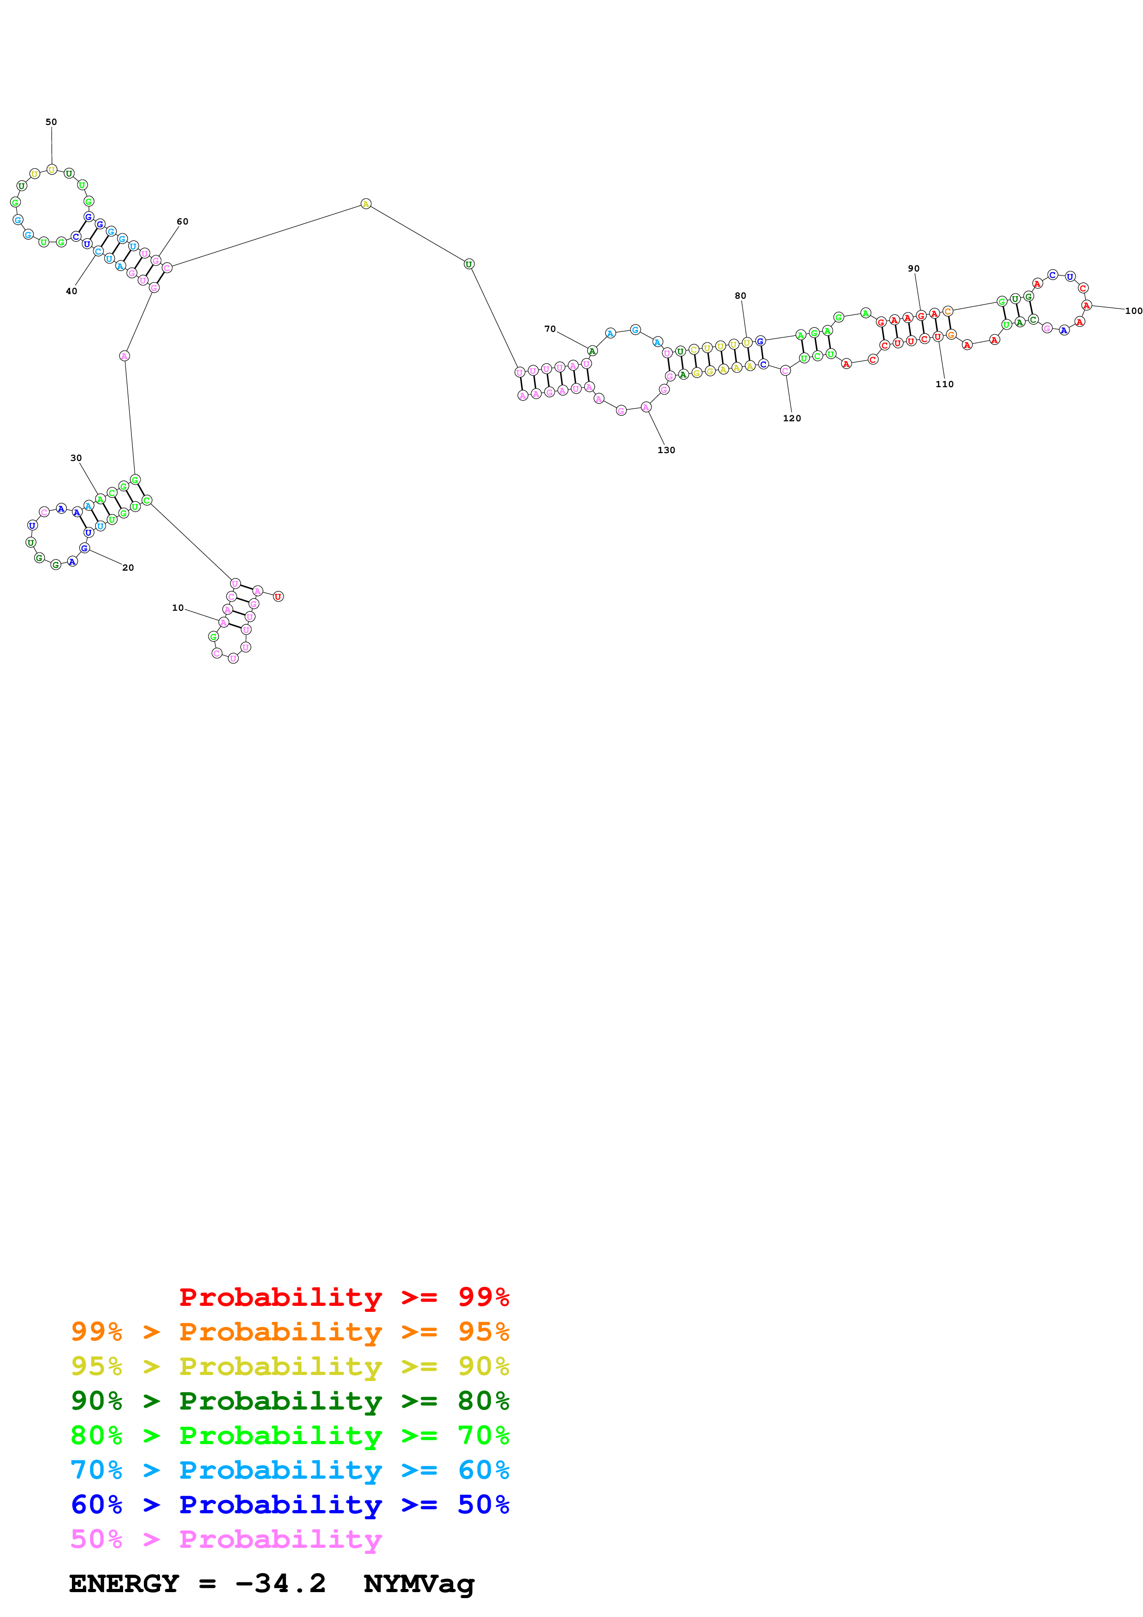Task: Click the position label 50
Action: point(52,122)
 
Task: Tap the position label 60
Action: point(183,221)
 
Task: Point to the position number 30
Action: point(76,458)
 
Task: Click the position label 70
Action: point(550,329)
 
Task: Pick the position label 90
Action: point(913,268)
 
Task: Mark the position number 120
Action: point(792,419)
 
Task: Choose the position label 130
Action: point(666,450)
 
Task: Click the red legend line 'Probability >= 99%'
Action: point(343,1297)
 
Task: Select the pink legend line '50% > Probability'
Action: point(225,1539)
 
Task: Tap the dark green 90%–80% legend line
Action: point(290,1401)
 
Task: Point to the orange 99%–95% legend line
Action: point(290,1332)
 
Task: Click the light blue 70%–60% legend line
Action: point(290,1470)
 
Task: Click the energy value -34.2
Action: point(280,1584)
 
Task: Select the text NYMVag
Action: point(419,1584)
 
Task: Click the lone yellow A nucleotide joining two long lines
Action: point(366,204)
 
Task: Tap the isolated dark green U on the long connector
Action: point(469,264)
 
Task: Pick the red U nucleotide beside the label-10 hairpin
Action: point(278,596)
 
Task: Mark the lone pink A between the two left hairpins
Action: point(124,356)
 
